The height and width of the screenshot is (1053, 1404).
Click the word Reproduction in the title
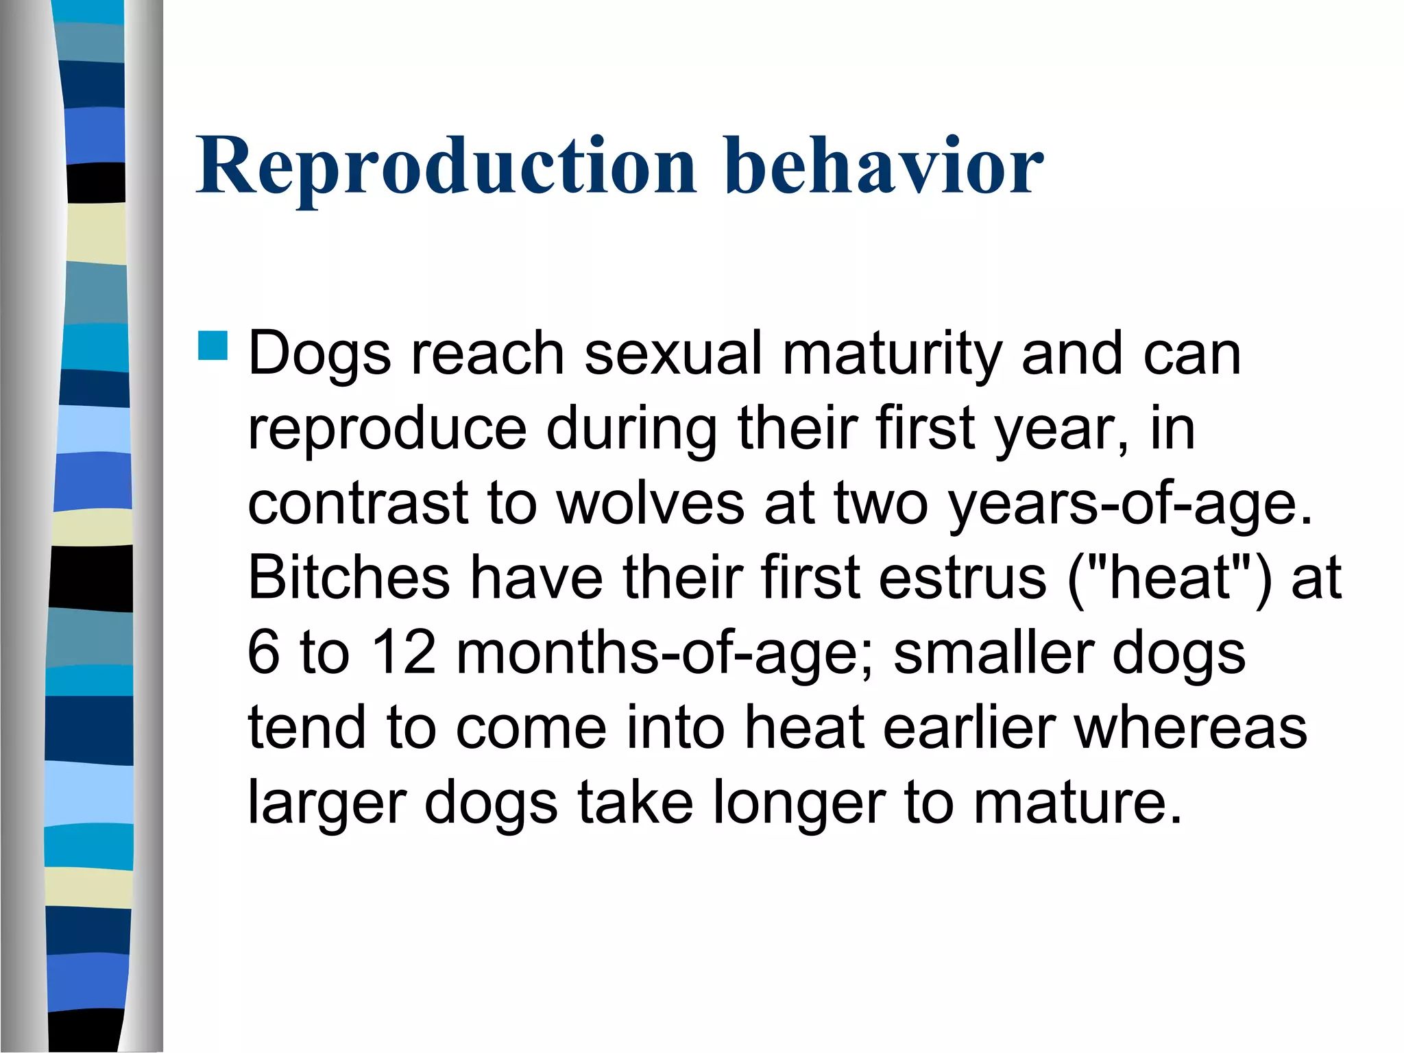[x=446, y=167]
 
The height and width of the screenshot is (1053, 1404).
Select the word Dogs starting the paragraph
[x=319, y=355]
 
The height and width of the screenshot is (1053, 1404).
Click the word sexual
[x=673, y=354]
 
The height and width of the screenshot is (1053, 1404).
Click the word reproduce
[x=387, y=430]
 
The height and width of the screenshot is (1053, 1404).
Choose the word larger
[x=326, y=803]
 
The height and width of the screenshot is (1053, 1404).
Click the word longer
[x=799, y=803]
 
